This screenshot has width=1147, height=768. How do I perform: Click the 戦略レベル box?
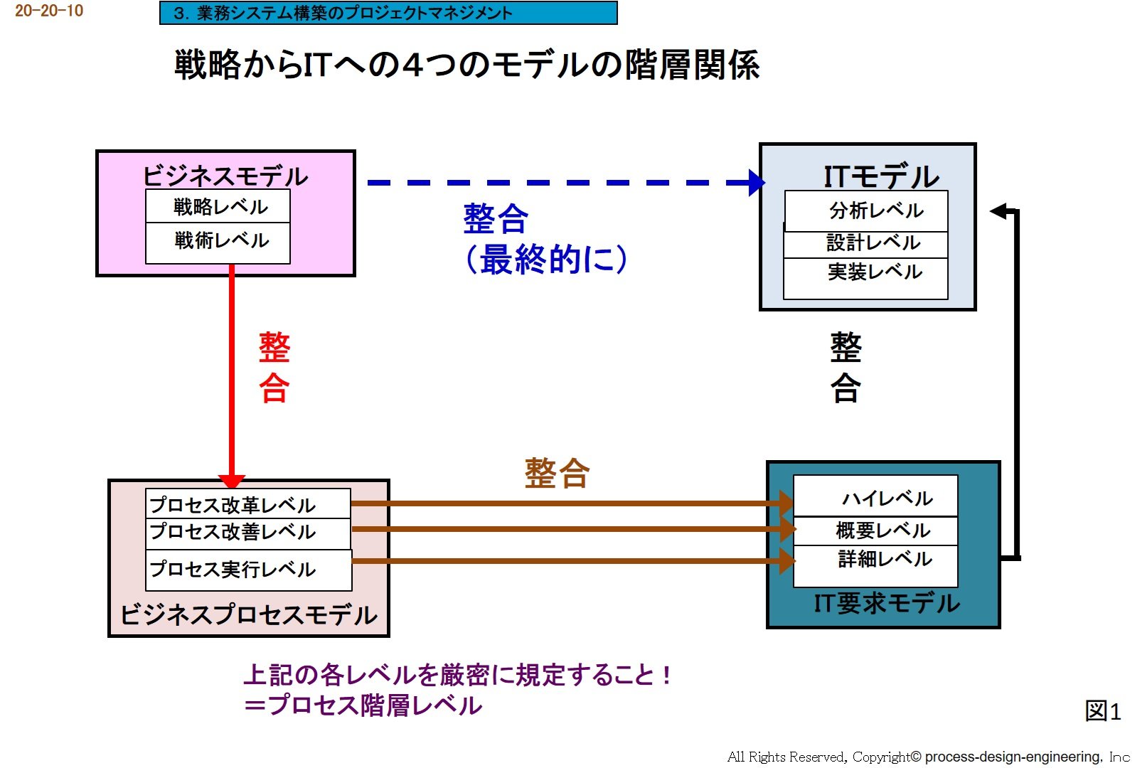click(x=218, y=206)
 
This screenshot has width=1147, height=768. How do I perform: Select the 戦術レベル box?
click(x=218, y=242)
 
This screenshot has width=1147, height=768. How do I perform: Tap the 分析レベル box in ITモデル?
click(x=866, y=210)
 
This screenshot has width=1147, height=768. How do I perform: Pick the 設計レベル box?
click(x=866, y=244)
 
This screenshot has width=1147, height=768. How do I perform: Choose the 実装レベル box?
click(x=866, y=277)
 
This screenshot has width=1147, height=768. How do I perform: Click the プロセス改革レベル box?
click(x=247, y=504)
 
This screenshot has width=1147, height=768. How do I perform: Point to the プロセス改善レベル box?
click(x=247, y=533)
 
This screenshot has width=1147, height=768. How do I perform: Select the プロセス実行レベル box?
click(x=248, y=570)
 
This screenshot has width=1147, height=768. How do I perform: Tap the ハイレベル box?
click(x=875, y=496)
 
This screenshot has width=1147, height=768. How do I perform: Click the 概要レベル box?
click(x=875, y=530)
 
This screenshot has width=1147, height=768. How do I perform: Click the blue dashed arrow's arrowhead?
click(x=757, y=183)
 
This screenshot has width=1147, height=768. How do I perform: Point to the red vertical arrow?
click(x=232, y=370)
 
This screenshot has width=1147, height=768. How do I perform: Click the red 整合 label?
click(x=274, y=368)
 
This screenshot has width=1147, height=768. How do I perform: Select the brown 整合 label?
click(x=557, y=473)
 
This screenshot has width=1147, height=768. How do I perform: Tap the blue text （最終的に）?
click(x=546, y=259)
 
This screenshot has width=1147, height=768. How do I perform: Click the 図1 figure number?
click(x=1103, y=710)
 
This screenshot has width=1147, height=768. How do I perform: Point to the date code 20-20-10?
click(x=49, y=11)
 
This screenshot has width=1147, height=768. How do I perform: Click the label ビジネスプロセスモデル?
click(x=248, y=614)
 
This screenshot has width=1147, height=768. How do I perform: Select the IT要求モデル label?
click(x=886, y=603)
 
